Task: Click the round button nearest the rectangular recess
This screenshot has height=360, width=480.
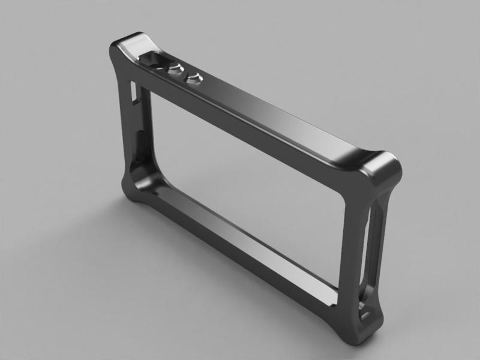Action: click(x=175, y=69)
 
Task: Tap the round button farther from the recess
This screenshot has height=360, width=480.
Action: click(x=193, y=77)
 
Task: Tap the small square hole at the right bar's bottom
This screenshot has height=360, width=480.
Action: click(x=364, y=313)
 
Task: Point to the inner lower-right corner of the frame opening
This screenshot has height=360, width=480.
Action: click(x=340, y=288)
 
